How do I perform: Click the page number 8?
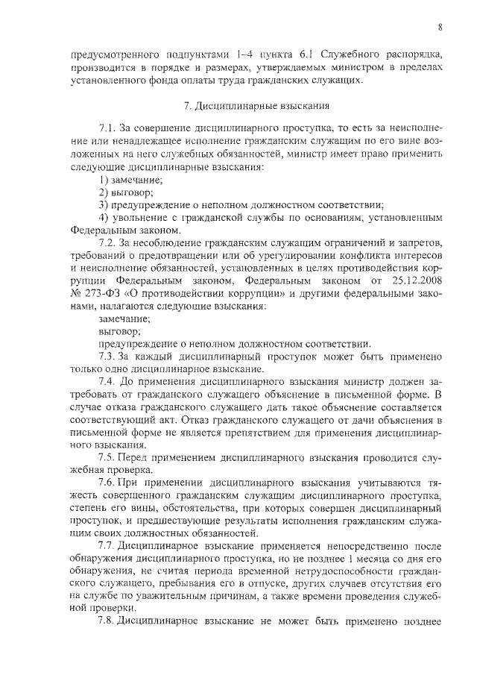pos(440,28)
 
